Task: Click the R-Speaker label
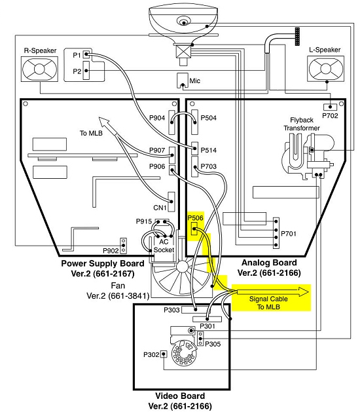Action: (40, 50)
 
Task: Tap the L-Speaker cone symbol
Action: (326, 69)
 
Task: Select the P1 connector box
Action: (86, 54)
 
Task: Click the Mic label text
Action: (195, 81)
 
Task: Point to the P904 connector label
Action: (157, 118)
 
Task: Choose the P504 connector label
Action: (209, 118)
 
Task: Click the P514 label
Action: (209, 150)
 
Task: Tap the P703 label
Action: (209, 166)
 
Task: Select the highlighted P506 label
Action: (195, 218)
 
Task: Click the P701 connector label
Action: (289, 234)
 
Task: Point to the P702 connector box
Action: (330, 107)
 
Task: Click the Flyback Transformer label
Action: (302, 124)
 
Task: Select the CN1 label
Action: (160, 208)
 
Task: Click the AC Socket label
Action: (164, 246)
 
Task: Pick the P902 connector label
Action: (111, 251)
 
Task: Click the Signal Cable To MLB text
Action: (268, 303)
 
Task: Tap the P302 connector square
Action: (164, 354)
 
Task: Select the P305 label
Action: (213, 344)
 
